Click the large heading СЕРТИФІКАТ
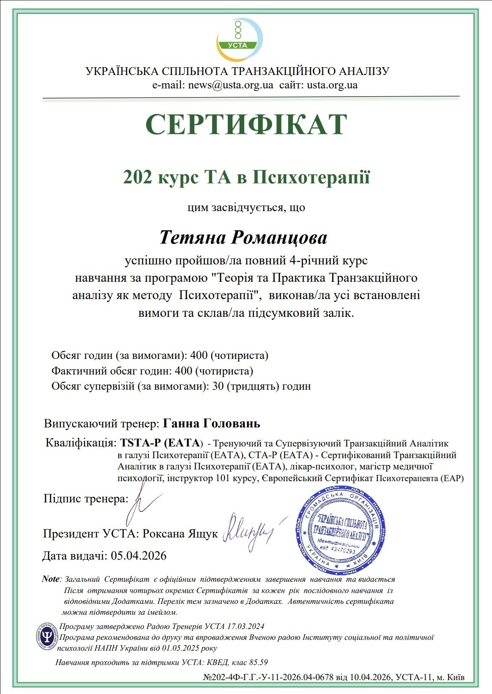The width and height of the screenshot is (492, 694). click(246, 125)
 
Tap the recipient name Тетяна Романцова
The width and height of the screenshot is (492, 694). click(243, 238)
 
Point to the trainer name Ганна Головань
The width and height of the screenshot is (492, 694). click(211, 424)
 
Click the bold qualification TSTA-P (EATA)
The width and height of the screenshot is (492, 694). click(161, 443)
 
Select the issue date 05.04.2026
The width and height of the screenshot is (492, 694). click(139, 556)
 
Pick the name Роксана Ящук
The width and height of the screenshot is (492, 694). click(180, 534)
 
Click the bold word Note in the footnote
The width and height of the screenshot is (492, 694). click(51, 579)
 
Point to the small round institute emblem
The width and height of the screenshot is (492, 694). click(46, 637)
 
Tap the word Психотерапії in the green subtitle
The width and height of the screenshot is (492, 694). click(311, 178)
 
